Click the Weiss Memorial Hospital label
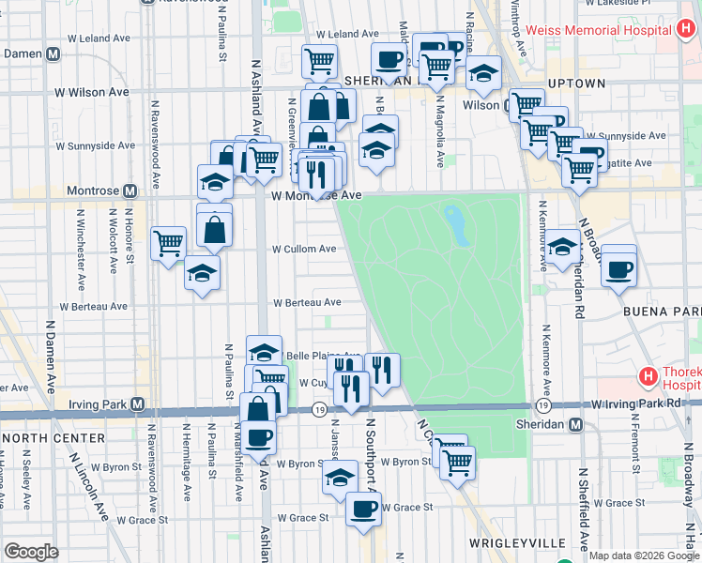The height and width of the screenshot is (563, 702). pyautogui.click(x=598, y=30)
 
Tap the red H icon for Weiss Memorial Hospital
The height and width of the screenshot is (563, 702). pyautogui.click(x=686, y=30)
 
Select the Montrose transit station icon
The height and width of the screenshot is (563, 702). pyautogui.click(x=130, y=190)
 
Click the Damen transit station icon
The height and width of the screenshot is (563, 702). pyautogui.click(x=53, y=53)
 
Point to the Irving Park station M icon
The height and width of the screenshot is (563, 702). pyautogui.click(x=138, y=404)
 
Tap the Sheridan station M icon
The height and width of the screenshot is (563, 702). pyautogui.click(x=576, y=424)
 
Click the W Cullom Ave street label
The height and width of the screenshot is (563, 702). pyautogui.click(x=304, y=250)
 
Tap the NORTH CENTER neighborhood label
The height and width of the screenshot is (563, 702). pyautogui.click(x=40, y=438)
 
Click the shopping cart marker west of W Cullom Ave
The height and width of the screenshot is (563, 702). pyautogui.click(x=168, y=243)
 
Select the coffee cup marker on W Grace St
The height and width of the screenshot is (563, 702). pyautogui.click(x=363, y=509)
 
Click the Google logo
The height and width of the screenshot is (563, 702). pyautogui.click(x=32, y=552)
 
